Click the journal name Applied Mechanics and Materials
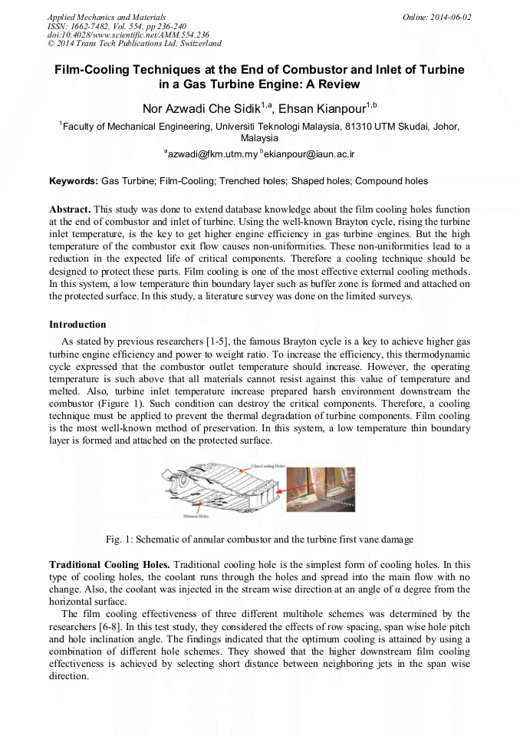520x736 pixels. pos(97,17)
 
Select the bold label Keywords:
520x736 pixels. pos(74,182)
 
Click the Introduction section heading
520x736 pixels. pos(77,325)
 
